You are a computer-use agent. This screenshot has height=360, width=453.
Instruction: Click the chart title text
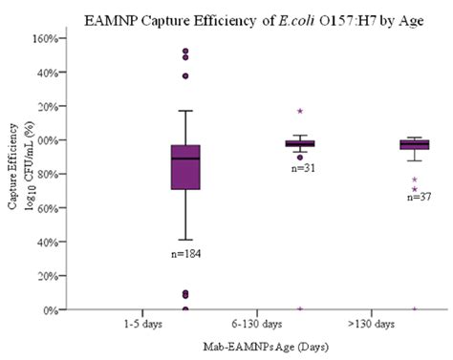(x=226, y=18)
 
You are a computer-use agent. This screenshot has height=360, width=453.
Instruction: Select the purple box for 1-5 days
(x=185, y=166)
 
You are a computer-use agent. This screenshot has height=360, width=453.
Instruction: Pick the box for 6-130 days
(x=300, y=143)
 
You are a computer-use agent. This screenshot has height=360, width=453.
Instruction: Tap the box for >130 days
(x=414, y=144)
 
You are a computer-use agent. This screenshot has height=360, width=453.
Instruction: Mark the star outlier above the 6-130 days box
(x=300, y=112)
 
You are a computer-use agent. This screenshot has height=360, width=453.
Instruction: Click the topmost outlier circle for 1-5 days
(x=185, y=51)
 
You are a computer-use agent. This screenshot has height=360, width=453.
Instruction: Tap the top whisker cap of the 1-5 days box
(x=185, y=111)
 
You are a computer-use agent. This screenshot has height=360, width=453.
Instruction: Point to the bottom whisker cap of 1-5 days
(x=185, y=240)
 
